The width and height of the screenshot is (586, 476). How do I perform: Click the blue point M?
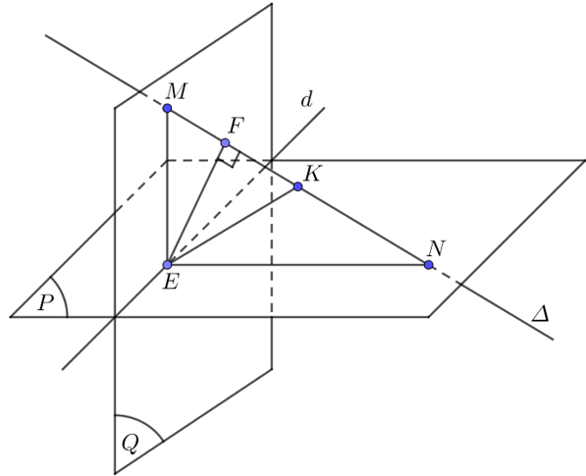[168, 108]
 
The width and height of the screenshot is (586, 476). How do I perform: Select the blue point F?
[225, 142]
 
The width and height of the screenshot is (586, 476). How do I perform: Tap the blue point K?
[297, 186]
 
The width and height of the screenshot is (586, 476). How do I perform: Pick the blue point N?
[429, 265]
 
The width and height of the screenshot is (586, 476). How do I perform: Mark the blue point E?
[168, 265]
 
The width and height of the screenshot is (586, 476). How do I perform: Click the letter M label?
[177, 91]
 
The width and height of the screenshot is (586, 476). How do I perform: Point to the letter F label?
[236, 126]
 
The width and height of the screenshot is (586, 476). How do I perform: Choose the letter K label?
[312, 174]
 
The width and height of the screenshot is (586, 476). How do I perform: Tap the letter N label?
[437, 248]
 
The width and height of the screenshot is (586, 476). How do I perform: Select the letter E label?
[171, 282]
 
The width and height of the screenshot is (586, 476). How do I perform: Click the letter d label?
[306, 100]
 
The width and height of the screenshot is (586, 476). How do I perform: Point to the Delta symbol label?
[541, 314]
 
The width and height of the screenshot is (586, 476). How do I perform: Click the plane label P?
[45, 302]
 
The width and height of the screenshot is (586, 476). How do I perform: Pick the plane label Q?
[131, 444]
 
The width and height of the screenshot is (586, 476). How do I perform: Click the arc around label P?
[64, 295]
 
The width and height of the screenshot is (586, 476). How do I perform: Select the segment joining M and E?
[168, 186]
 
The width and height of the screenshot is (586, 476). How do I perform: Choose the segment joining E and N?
[297, 265]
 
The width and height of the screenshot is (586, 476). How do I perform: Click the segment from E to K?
[233, 226]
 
